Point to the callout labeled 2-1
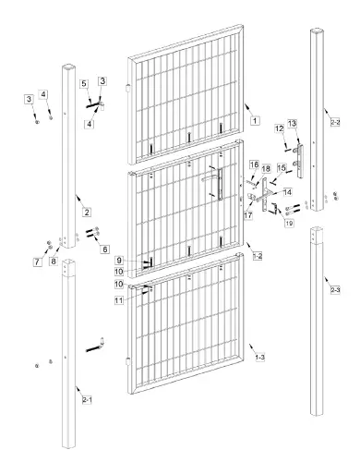pos(87,399)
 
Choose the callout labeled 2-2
pos(334,121)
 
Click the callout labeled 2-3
pos(334,289)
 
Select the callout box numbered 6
pos(104,249)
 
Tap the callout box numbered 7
pos(37,262)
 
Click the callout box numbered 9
pos(119,261)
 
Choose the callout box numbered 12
pos(279,129)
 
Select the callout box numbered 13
pos(293,123)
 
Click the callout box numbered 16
pos(251,164)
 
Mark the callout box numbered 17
pos(247,214)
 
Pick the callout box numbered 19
pos(289,223)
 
